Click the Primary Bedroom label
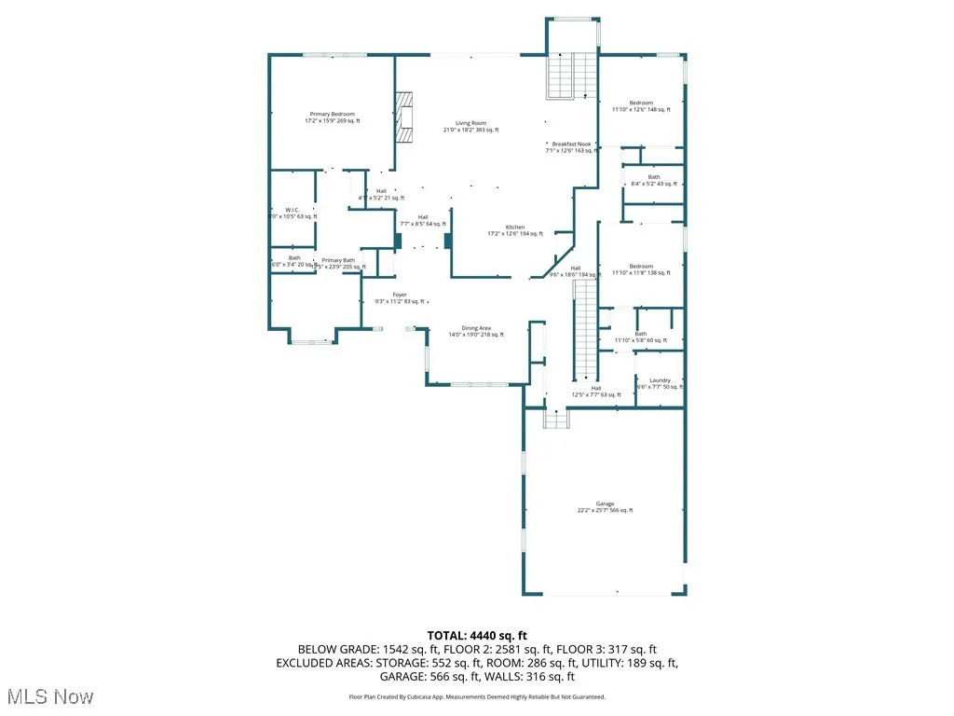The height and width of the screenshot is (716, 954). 332,117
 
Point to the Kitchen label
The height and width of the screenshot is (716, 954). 515,230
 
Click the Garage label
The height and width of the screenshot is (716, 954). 605,507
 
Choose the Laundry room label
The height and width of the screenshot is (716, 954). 660,383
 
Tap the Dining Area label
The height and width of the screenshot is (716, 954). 476,331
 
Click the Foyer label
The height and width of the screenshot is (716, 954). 400,298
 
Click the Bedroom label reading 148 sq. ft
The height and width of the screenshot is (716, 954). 641,106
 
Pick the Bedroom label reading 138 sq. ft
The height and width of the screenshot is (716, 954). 641,269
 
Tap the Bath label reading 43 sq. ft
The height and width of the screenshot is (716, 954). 654,180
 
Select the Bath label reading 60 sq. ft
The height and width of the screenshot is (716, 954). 641,337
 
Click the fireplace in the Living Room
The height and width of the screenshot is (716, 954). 404,117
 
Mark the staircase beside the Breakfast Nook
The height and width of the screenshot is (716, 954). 570,76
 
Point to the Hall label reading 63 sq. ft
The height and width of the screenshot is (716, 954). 596,392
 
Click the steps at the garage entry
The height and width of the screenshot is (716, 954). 555,420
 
